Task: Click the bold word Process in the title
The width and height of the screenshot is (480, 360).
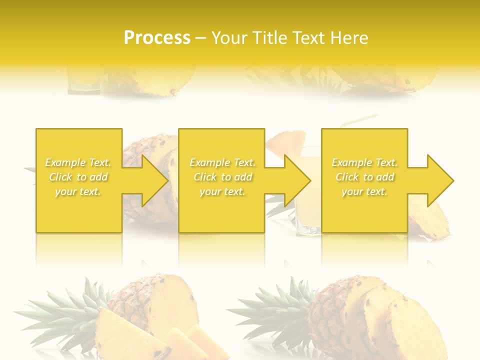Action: point(157,37)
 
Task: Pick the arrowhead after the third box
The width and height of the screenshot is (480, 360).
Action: point(439,180)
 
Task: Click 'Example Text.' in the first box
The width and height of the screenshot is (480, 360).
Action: point(78,162)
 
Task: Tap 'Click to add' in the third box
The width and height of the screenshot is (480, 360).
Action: point(365,177)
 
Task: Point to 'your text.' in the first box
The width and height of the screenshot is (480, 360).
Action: point(78,191)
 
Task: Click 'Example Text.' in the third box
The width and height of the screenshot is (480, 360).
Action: point(365,162)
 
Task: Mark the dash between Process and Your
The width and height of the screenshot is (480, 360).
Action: point(200,38)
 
